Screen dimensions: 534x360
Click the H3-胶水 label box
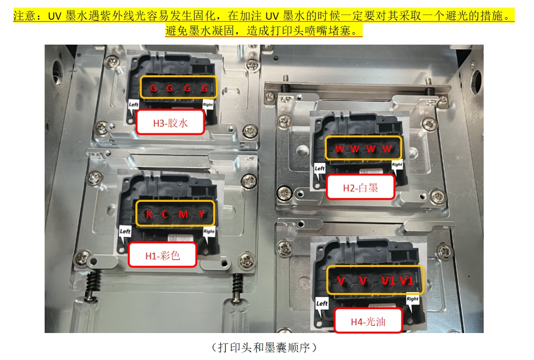click(170, 122)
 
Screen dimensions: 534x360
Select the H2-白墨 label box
click(360, 187)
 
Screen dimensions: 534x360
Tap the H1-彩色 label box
click(162, 255)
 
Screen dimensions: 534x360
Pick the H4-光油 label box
click(368, 321)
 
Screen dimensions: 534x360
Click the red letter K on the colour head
click(149, 214)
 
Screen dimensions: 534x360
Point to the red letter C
click(165, 214)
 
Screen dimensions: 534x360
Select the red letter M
click(183, 214)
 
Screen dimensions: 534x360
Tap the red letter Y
click(201, 214)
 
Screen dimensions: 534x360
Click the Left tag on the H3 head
click(133, 104)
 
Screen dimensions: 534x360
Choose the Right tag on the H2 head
click(397, 164)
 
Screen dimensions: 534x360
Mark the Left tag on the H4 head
click(322, 303)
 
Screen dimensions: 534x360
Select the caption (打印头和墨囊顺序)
click(264, 348)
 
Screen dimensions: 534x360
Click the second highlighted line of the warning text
click(264, 31)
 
